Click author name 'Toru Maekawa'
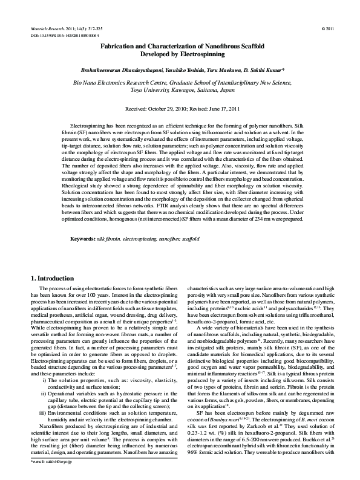(226, 71)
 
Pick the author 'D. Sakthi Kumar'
(269, 71)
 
